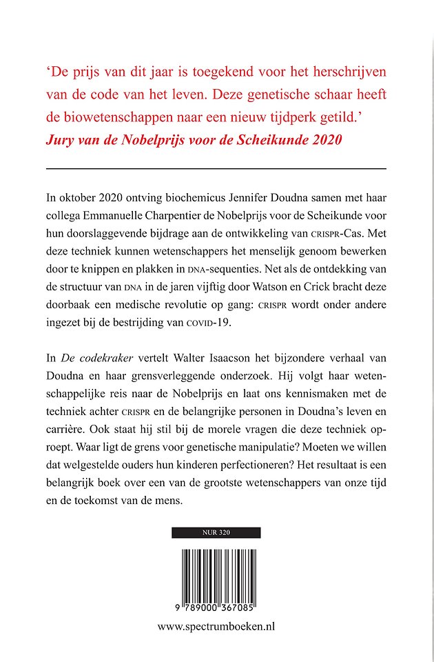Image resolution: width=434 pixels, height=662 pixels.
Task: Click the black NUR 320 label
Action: [x=216, y=532]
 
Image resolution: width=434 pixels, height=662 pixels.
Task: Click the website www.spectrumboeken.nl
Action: [x=216, y=628]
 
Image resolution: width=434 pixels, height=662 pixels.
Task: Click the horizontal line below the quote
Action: [x=216, y=168]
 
